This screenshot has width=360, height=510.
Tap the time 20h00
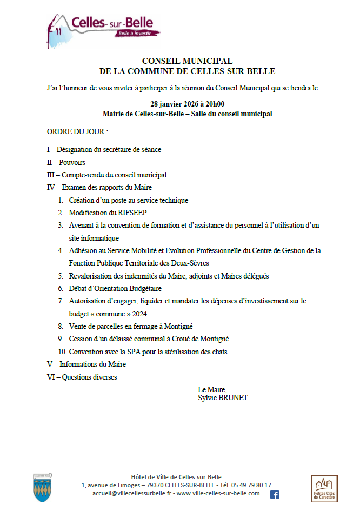coord(213,104)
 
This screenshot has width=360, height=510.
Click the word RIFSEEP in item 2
coord(131,213)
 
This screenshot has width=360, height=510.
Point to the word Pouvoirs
coord(72,162)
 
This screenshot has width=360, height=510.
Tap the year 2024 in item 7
coord(138,314)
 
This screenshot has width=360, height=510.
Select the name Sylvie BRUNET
coord(223,398)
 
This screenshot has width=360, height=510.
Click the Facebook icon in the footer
coord(274,494)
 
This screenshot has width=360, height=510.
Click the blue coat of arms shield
coord(42,488)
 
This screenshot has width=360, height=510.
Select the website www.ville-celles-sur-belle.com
coord(218,493)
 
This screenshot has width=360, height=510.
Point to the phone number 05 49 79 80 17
coord(253,485)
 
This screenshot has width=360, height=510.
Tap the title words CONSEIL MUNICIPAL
coord(187,61)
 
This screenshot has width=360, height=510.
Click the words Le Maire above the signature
coord(212,389)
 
